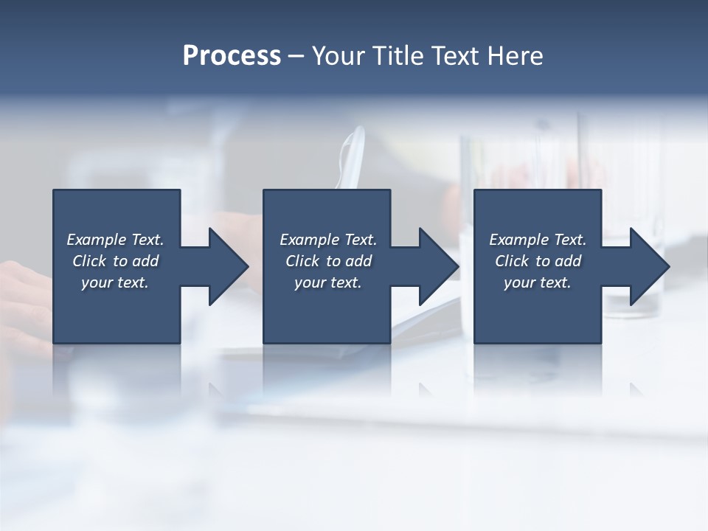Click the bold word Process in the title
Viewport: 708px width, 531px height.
tap(232, 56)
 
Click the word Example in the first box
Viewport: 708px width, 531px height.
tap(97, 240)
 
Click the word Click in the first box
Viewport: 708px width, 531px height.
tap(89, 261)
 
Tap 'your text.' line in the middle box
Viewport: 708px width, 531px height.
tap(327, 282)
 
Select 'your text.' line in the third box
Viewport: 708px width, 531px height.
tap(537, 282)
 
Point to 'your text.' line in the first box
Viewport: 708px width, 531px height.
tap(115, 282)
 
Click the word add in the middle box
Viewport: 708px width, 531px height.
tap(358, 261)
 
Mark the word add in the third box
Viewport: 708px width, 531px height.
tap(568, 261)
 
